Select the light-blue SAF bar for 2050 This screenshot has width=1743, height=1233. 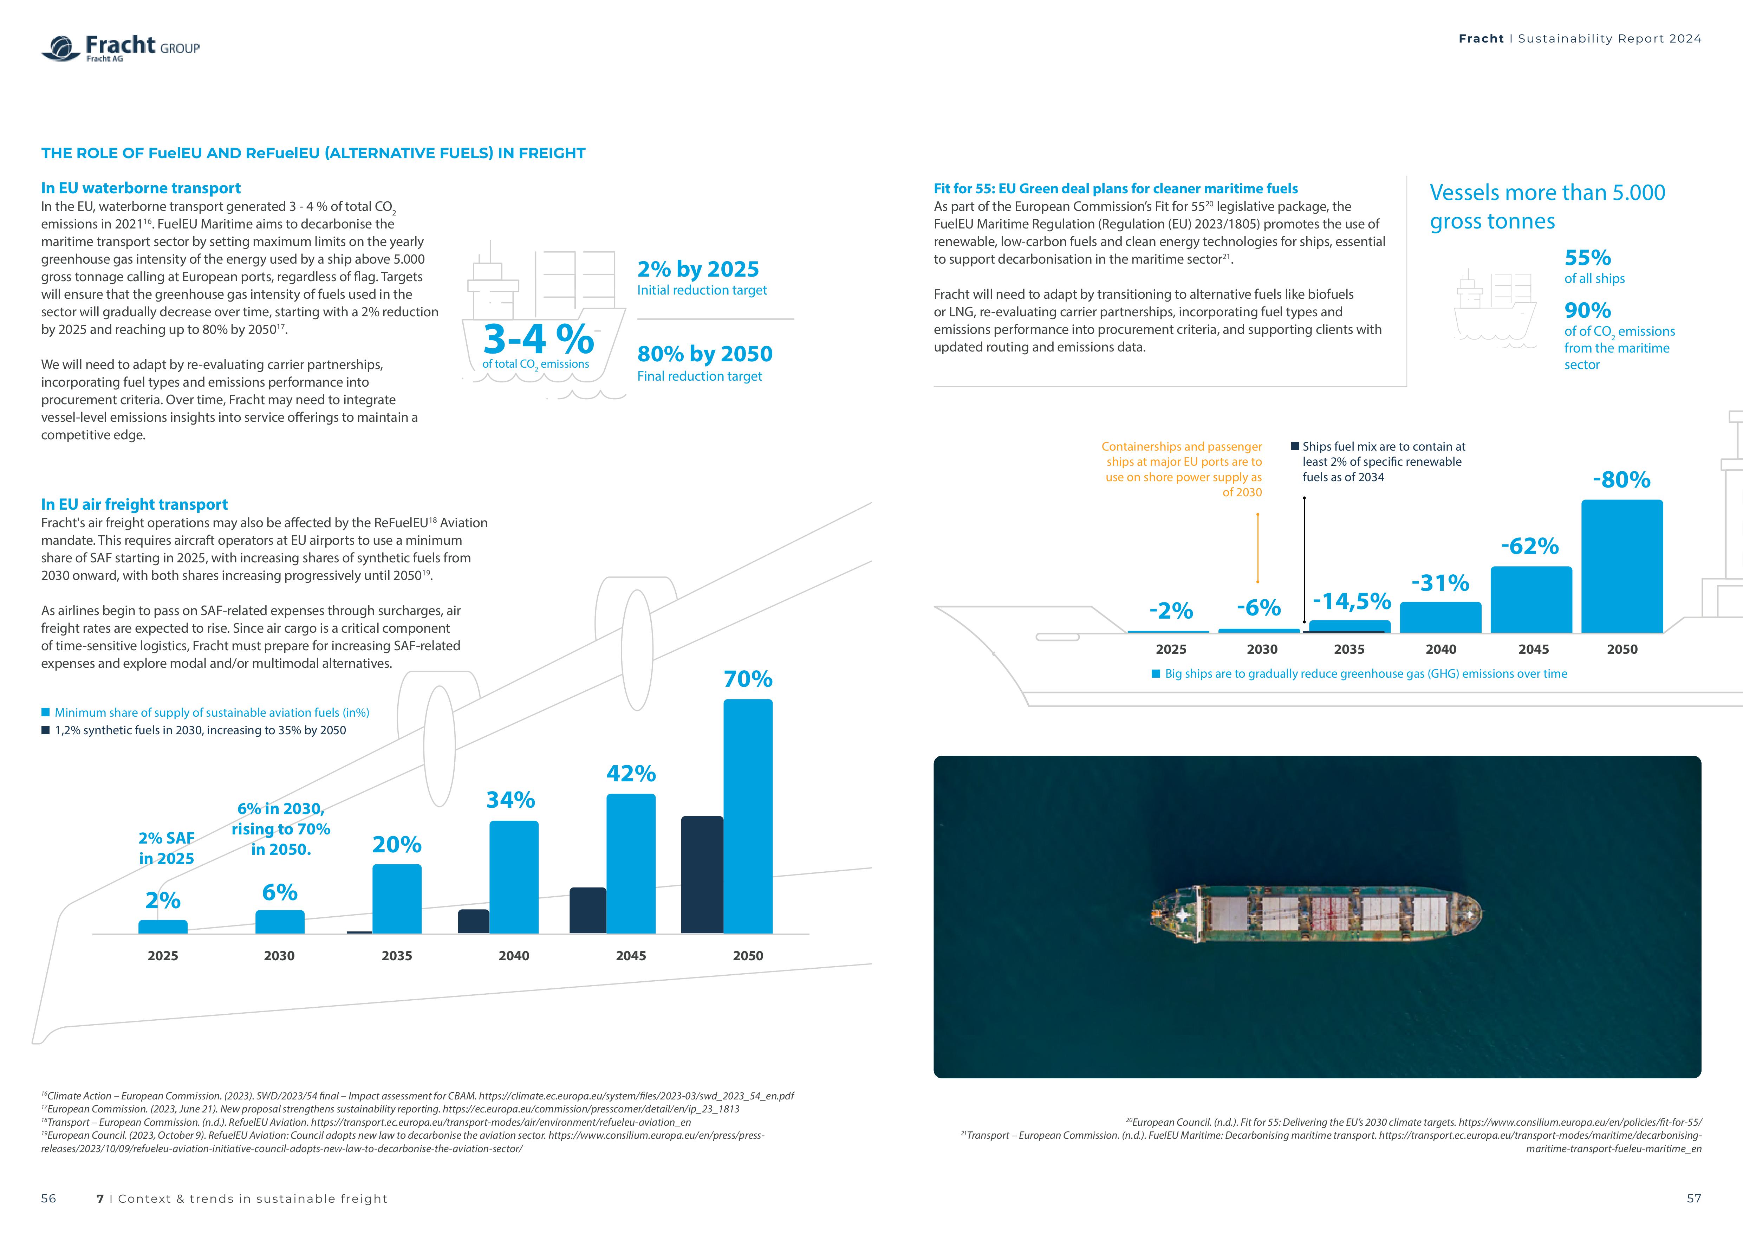coord(748,816)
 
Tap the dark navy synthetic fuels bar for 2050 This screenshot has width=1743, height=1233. coord(702,874)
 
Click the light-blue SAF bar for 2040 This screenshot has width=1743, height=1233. coord(514,877)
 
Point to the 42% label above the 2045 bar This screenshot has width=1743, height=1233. coord(631,774)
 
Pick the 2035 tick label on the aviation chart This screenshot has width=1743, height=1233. coord(396,956)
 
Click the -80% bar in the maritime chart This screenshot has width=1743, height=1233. coord(1621,566)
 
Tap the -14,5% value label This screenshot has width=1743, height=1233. coord(1351,601)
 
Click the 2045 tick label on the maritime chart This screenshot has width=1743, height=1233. coord(1533,649)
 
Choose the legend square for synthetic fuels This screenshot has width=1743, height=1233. coord(46,730)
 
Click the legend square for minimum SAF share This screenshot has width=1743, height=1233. coord(46,712)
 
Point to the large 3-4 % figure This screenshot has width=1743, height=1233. coord(538,340)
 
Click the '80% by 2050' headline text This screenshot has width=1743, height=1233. coord(704,354)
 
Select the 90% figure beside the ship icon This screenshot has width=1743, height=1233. coord(1587,310)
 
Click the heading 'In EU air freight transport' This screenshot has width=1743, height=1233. coord(134,505)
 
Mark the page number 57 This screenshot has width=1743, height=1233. coord(1694,1198)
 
